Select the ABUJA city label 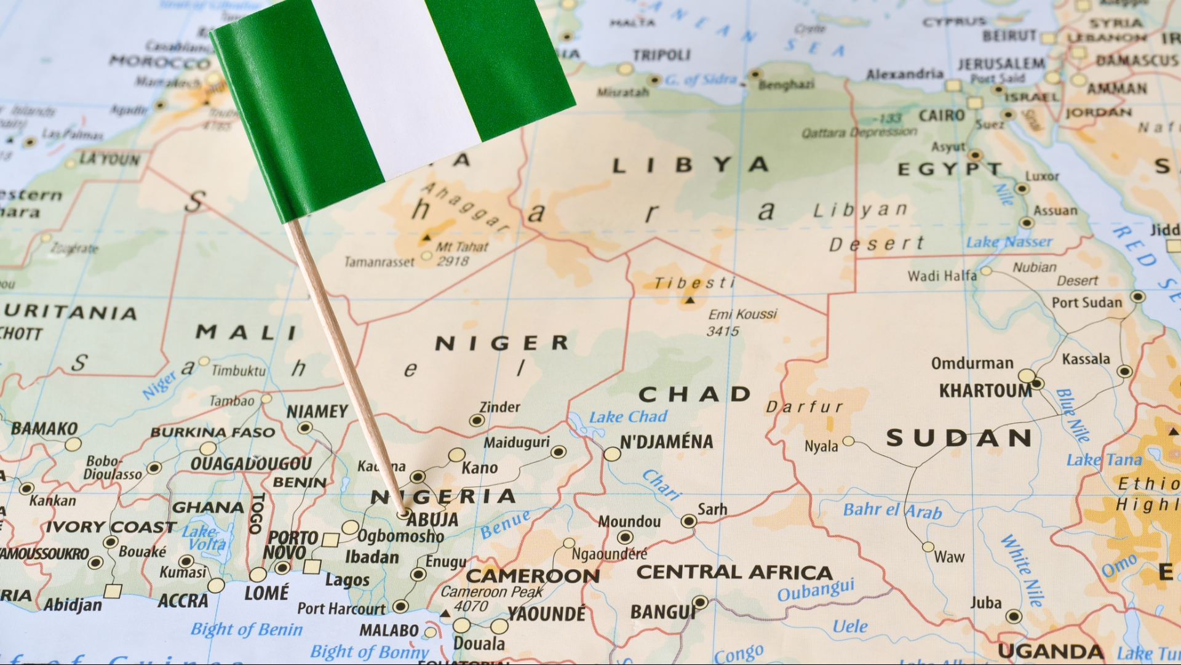click(433, 520)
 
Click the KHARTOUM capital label click(985, 391)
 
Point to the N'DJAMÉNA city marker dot click(612, 455)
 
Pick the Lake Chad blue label click(628, 417)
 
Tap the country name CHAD click(694, 394)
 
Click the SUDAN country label click(959, 438)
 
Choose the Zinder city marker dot click(477, 421)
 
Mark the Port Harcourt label click(341, 608)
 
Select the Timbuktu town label click(239, 370)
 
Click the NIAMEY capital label click(317, 411)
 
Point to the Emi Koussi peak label click(742, 314)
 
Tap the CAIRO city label click(942, 116)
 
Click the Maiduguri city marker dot click(559, 452)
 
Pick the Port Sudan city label click(1086, 302)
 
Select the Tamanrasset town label click(379, 262)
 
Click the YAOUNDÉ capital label click(546, 613)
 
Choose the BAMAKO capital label click(44, 428)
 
